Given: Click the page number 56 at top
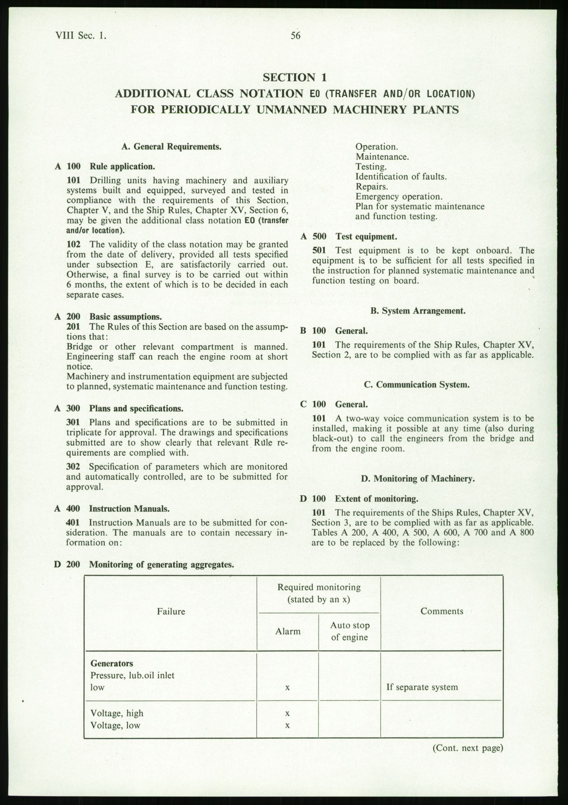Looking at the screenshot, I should pos(296,36).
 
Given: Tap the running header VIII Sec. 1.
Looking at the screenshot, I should pos(81,36).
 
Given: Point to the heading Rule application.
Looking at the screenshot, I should pos(122,166).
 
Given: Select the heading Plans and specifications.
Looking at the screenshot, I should pos(136,408).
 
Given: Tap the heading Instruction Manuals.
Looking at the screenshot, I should pos(129,509).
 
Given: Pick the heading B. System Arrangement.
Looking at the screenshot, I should pos(418,311).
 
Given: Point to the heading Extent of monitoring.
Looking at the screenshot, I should pos(376,499).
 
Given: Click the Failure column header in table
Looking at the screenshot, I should pos(171,611).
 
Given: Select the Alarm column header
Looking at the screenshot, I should pos(288,631).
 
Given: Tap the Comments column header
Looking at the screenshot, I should pos(442,611).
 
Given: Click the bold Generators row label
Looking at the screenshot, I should pos(112,663).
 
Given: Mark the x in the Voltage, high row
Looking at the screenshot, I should pos(288,713).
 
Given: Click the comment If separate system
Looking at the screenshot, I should pos(422,687).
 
